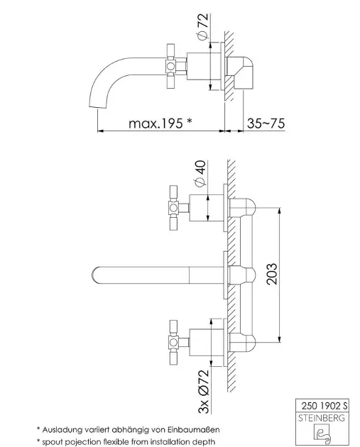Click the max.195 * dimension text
pos(160,123)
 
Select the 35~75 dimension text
pos(266,123)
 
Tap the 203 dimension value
pos(271,274)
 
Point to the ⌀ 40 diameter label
pos(200,173)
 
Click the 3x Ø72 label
pos(203,392)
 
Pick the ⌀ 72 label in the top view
pos(203,26)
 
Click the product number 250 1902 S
pos(324,406)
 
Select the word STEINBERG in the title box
pos(322,418)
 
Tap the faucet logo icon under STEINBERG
pos(322,434)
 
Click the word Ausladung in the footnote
pos(60,429)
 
